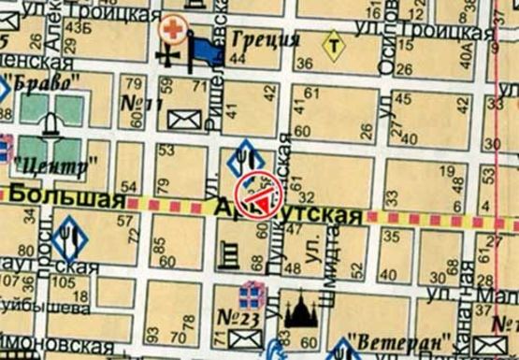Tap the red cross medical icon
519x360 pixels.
click(x=172, y=28)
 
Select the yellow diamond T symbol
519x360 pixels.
click(x=333, y=44)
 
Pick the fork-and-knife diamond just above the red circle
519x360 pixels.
click(x=245, y=155)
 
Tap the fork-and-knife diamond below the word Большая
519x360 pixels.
click(x=70, y=238)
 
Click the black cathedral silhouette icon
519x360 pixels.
click(x=301, y=313)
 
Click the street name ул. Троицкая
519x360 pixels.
click(x=102, y=12)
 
